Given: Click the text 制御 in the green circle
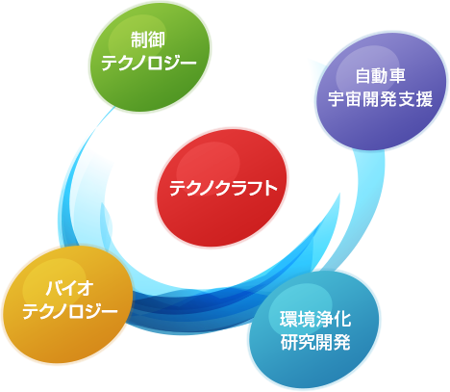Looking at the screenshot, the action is [x=148, y=39].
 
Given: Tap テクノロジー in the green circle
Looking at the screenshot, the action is [x=149, y=63].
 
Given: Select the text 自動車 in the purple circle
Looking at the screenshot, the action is [x=381, y=76].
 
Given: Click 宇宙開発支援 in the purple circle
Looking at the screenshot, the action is [x=381, y=98].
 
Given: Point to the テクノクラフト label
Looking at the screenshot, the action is [x=223, y=188].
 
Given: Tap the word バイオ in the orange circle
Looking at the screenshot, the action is [x=69, y=288].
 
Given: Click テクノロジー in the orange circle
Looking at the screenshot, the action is [x=70, y=311].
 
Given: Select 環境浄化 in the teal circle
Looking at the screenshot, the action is [x=315, y=319].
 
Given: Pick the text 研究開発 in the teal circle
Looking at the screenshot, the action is [x=315, y=342].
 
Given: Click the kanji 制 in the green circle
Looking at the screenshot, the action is [x=139, y=39].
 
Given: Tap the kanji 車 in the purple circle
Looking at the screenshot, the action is [x=398, y=76].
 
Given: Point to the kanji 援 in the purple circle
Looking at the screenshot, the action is [x=425, y=98].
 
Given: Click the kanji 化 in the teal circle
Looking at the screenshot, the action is [x=342, y=319].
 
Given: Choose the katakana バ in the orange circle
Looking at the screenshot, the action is [x=54, y=288].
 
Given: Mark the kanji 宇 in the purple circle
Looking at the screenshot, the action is [x=337, y=98].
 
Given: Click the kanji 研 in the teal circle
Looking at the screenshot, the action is [x=288, y=342].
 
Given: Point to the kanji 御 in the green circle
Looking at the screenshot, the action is [x=157, y=39].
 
